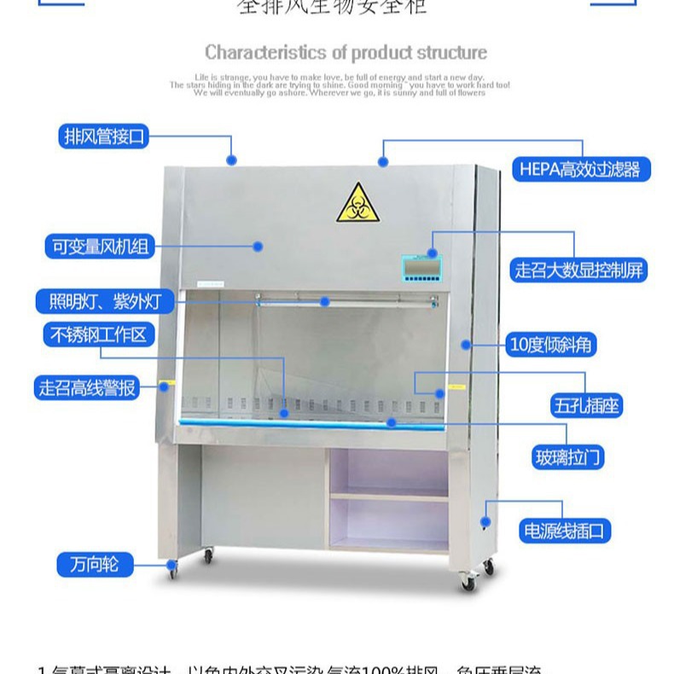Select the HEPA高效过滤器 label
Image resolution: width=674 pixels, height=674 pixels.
(579, 169)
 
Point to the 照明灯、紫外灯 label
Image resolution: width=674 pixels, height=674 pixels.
(105, 301)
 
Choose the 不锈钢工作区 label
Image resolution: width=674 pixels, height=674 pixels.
(98, 334)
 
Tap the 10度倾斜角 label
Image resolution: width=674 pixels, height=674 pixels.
(550, 345)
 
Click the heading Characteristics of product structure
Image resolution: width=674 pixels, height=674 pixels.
(346, 53)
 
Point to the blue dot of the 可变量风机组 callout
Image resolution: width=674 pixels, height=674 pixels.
(257, 247)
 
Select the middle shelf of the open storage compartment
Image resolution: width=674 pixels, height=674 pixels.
(389, 496)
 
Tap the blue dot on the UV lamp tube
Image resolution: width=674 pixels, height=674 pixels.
(325, 301)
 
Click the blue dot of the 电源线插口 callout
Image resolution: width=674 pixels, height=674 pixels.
(485, 520)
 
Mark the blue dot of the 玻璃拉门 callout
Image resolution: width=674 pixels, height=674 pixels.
(392, 422)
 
